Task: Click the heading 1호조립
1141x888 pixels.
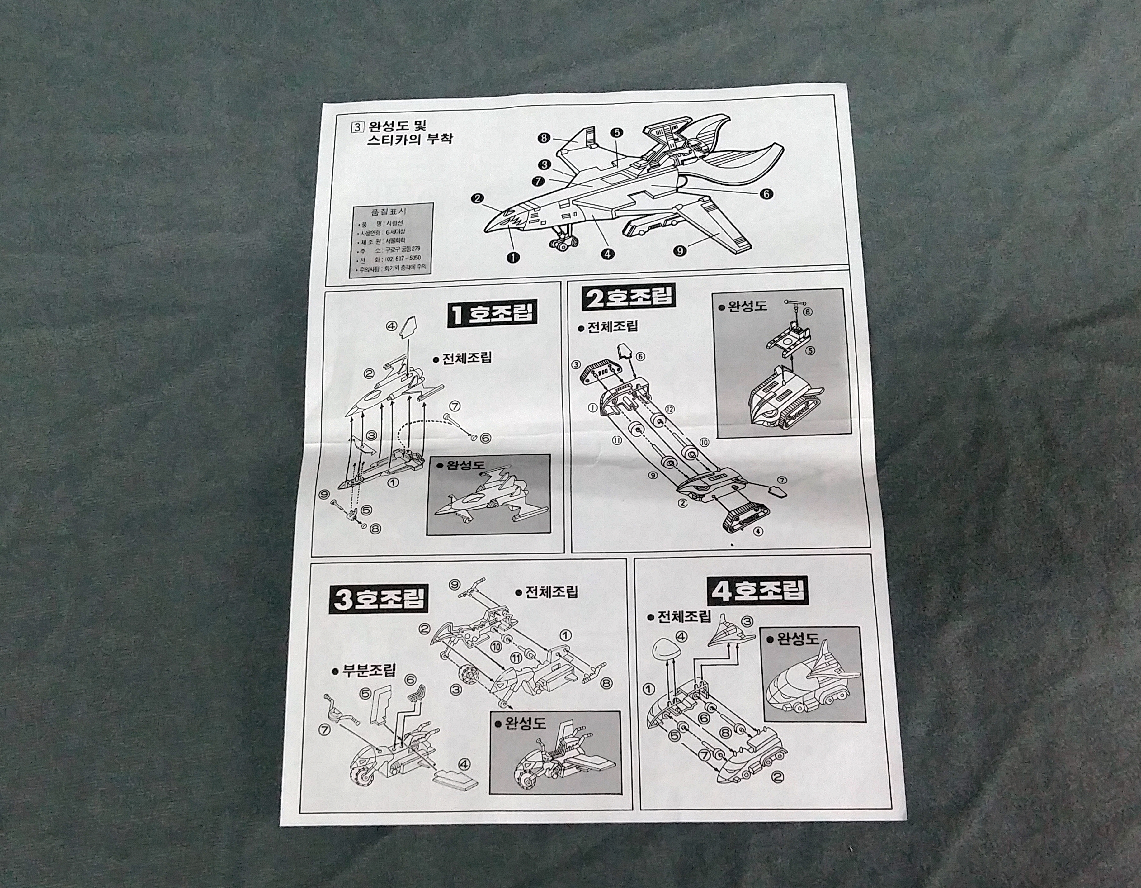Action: pyautogui.click(x=493, y=314)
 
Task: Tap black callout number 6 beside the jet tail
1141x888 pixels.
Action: pyautogui.click(x=765, y=194)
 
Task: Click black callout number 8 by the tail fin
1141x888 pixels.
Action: pyautogui.click(x=544, y=138)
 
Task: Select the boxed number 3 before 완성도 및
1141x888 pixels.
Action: pyautogui.click(x=358, y=126)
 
